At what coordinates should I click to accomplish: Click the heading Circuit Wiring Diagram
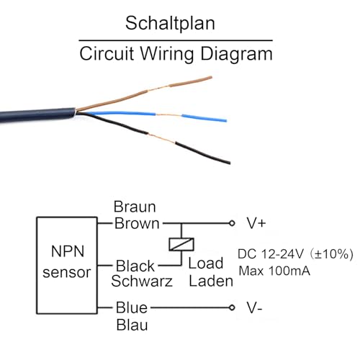pyautogui.click(x=176, y=53)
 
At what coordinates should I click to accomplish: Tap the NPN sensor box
pyautogui.click(x=66, y=262)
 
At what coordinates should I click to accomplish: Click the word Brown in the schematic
pyautogui.click(x=137, y=223)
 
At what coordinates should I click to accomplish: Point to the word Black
pyautogui.click(x=135, y=266)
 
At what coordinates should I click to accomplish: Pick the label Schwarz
pyautogui.click(x=142, y=282)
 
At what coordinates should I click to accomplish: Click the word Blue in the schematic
pyautogui.click(x=131, y=308)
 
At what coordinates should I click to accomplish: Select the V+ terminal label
pyautogui.click(x=256, y=224)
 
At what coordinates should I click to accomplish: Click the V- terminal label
pyautogui.click(x=255, y=308)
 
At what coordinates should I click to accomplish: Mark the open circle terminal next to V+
pyautogui.click(x=231, y=224)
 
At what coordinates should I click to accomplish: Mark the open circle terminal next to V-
pyautogui.click(x=231, y=308)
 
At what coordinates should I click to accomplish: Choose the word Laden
pyautogui.click(x=211, y=282)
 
